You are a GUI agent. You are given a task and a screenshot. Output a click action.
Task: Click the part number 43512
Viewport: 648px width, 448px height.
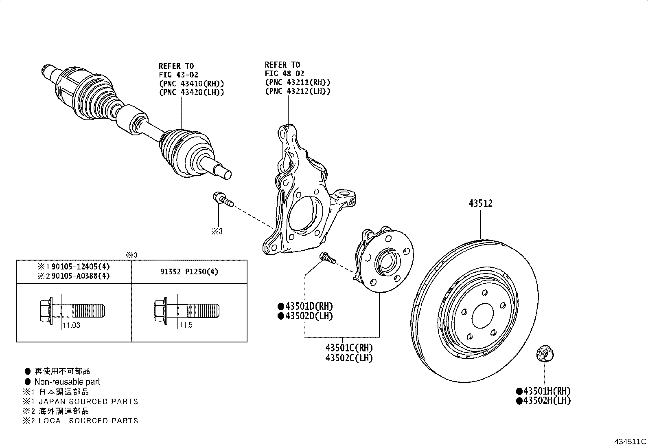(x=480, y=203)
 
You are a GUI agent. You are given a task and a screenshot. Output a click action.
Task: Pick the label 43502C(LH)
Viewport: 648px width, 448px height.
(x=349, y=358)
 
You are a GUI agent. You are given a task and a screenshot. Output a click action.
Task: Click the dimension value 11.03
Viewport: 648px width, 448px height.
(x=71, y=325)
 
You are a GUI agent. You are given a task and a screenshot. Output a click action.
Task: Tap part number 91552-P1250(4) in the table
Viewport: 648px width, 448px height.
(x=189, y=271)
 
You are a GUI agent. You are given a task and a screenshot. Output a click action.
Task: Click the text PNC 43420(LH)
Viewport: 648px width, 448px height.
(x=191, y=92)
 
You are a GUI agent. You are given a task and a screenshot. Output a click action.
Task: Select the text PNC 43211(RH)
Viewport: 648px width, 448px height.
(x=298, y=82)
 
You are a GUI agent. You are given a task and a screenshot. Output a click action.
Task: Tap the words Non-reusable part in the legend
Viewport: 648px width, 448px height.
(x=67, y=382)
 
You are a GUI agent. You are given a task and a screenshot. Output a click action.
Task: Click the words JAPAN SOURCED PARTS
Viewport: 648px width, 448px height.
(x=88, y=402)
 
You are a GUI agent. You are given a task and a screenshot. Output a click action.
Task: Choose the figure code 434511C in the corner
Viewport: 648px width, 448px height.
(x=630, y=442)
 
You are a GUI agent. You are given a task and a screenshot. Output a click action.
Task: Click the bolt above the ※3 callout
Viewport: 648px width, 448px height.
(x=222, y=200)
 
